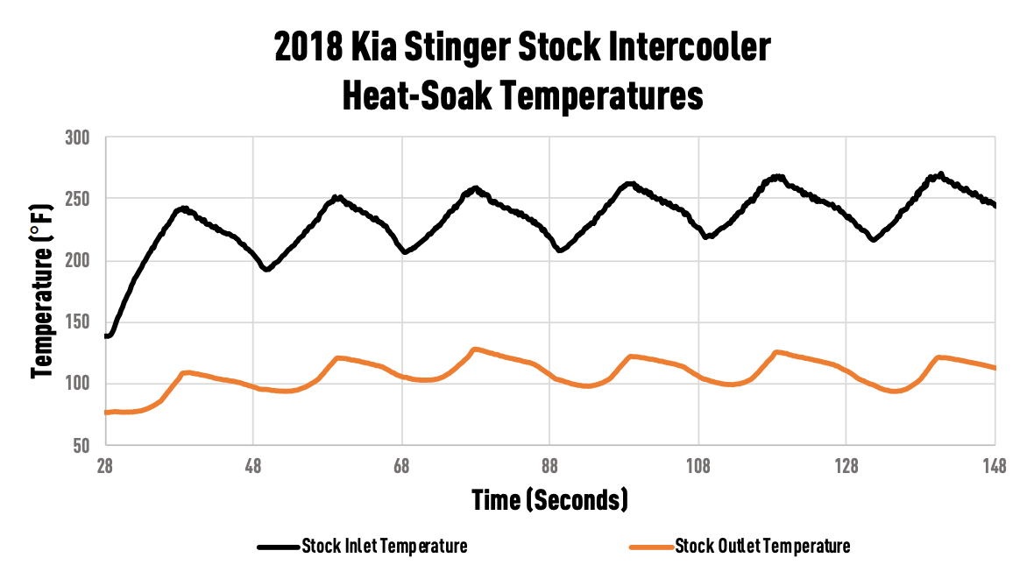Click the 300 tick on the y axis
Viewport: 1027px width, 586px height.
click(77, 138)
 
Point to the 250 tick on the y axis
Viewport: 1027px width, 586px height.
click(77, 199)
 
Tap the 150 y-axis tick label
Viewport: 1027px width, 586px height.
click(77, 322)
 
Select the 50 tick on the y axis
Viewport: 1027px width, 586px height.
click(81, 446)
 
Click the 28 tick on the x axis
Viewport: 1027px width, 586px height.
click(105, 466)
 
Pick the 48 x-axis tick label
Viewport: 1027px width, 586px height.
click(253, 466)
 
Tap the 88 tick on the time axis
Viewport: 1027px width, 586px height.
click(549, 466)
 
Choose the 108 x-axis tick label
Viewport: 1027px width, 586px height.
click(698, 466)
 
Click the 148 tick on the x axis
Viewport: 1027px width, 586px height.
click(995, 466)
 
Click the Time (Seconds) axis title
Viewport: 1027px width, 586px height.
click(550, 500)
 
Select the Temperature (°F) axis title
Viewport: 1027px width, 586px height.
click(42, 292)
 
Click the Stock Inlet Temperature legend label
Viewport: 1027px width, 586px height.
click(385, 546)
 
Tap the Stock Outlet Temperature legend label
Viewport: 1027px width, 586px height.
click(762, 546)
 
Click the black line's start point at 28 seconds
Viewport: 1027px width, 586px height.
click(106, 335)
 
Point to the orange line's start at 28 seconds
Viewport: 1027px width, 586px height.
click(106, 413)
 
